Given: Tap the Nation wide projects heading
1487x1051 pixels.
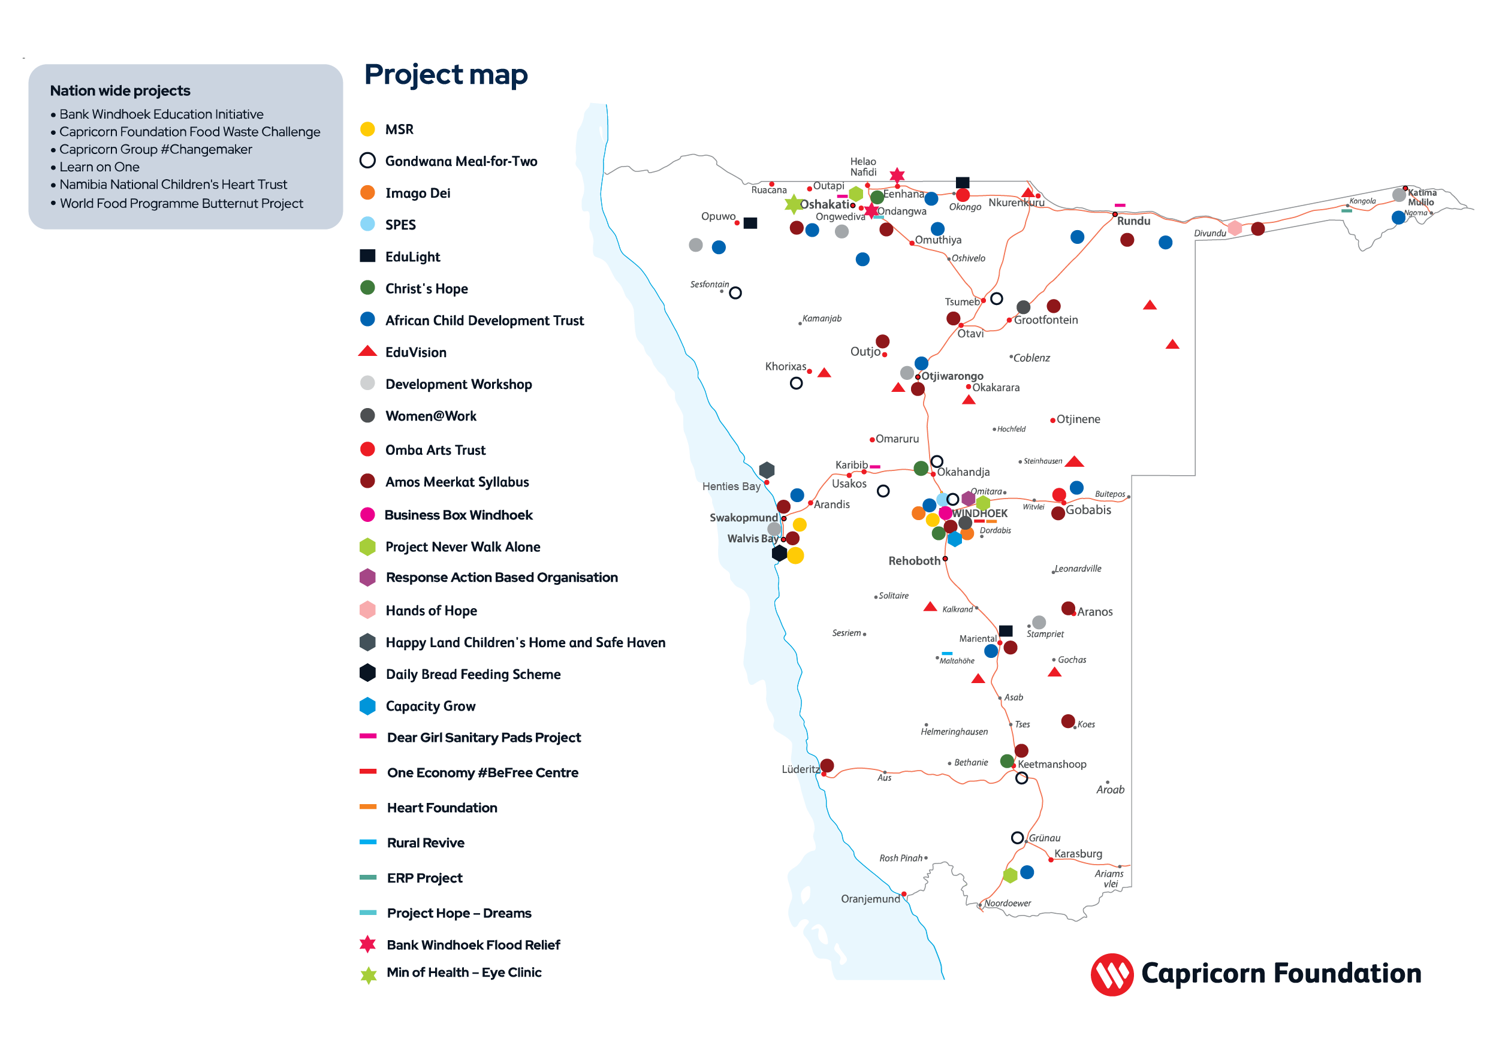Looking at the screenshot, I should [x=120, y=90].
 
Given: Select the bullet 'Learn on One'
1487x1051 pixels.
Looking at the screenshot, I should [x=99, y=167].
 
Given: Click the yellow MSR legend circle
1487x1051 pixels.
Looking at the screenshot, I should [x=367, y=129].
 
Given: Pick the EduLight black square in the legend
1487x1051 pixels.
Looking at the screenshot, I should [x=367, y=256].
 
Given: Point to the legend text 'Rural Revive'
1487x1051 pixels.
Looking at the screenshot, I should [x=426, y=842].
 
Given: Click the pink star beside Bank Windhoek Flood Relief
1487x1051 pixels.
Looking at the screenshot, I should [x=368, y=944].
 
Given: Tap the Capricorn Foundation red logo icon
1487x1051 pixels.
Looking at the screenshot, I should [x=1111, y=974].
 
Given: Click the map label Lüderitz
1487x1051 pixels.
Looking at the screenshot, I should [x=801, y=769].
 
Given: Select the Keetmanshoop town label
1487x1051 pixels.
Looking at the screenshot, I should [x=1051, y=764].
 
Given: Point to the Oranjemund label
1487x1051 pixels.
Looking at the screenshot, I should [x=870, y=899].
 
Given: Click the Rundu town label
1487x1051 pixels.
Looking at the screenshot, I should [x=1133, y=222].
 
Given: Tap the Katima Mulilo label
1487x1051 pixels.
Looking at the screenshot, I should [x=1421, y=197].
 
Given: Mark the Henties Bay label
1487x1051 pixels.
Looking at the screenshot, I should [x=731, y=487].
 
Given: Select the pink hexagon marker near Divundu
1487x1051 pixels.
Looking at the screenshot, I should [x=1235, y=228].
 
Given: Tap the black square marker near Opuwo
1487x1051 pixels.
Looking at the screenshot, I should [x=750, y=224].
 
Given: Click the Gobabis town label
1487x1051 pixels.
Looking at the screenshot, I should [x=1088, y=510].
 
